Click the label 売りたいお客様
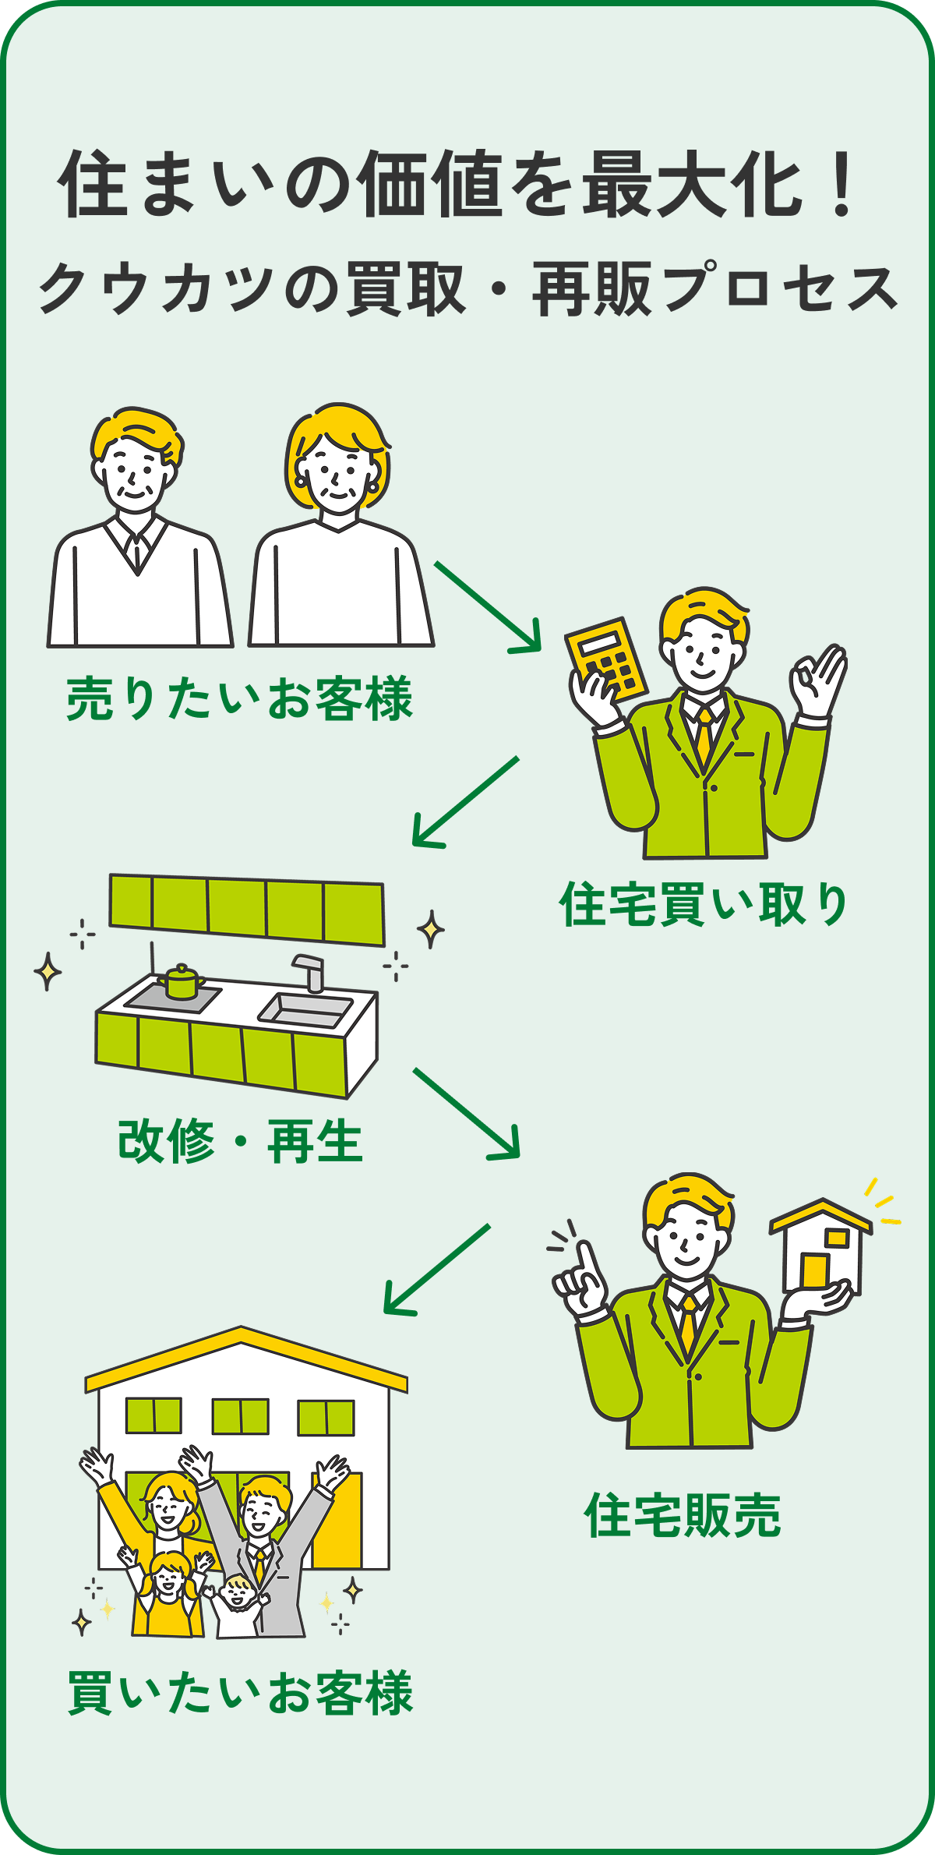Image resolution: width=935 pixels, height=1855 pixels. [239, 699]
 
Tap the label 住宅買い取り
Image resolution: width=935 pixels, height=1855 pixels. [704, 905]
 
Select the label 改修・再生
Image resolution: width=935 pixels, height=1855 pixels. [240, 1142]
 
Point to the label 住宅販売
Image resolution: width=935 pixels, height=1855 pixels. [683, 1516]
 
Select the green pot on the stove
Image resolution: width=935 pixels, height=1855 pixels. [181, 981]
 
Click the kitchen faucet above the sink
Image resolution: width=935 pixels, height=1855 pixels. [310, 971]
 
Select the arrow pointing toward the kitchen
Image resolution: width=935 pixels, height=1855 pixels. [464, 801]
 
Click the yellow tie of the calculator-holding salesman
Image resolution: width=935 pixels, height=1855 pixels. [704, 737]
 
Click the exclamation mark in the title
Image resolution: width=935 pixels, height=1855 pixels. [841, 184]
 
